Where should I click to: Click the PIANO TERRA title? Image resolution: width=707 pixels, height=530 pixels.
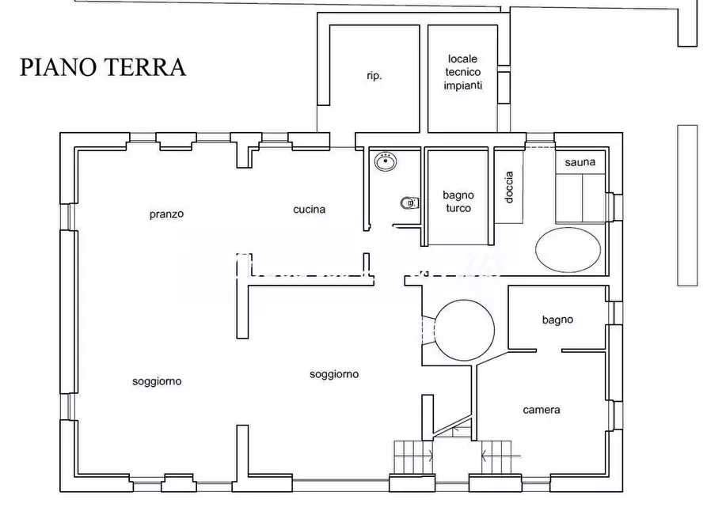pyautogui.click(x=103, y=66)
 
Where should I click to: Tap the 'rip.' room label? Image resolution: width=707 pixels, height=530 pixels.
pyautogui.click(x=374, y=76)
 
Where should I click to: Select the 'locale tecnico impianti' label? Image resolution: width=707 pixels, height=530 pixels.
pyautogui.click(x=462, y=72)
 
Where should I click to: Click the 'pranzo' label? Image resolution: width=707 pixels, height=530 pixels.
pyautogui.click(x=167, y=214)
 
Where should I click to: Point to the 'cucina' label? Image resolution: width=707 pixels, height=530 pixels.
pyautogui.click(x=310, y=209)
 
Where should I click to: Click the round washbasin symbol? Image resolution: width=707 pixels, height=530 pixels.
pyautogui.click(x=386, y=161)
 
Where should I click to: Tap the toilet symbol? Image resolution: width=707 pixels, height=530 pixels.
pyautogui.click(x=410, y=203)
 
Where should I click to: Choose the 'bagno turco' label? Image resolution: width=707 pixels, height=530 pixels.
pyautogui.click(x=458, y=202)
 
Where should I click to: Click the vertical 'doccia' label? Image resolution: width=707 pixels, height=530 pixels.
pyautogui.click(x=509, y=187)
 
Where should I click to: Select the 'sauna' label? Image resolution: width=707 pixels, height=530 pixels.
pyautogui.click(x=580, y=162)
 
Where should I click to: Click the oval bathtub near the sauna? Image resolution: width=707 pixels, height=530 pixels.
pyautogui.click(x=568, y=250)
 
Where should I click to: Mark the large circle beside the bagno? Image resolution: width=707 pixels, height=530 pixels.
pyautogui.click(x=464, y=331)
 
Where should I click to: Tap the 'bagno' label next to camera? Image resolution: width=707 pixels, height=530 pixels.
pyautogui.click(x=557, y=320)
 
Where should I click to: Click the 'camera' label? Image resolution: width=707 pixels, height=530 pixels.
pyautogui.click(x=542, y=410)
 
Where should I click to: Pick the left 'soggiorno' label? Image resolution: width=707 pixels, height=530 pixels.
pyautogui.click(x=157, y=381)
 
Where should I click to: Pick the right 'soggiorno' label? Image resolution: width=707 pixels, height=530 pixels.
pyautogui.click(x=334, y=374)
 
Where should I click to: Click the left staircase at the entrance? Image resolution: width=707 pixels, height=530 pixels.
pyautogui.click(x=413, y=457)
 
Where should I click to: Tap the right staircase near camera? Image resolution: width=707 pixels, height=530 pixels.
pyautogui.click(x=496, y=457)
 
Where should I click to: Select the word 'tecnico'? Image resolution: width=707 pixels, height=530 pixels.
pyautogui.click(x=462, y=72)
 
